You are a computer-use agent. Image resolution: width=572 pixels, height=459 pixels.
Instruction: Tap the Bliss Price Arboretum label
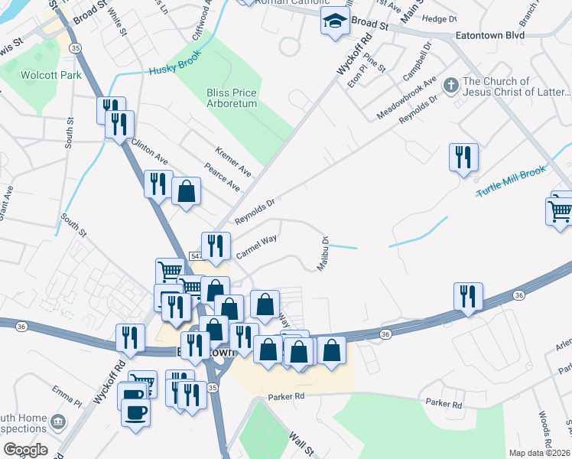(232, 99)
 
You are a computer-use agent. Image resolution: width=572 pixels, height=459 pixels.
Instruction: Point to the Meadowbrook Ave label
(406, 99)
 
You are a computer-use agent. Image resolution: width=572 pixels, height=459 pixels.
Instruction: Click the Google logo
(24, 449)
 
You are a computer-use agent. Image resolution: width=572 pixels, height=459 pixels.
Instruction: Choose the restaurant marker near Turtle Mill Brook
(463, 158)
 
